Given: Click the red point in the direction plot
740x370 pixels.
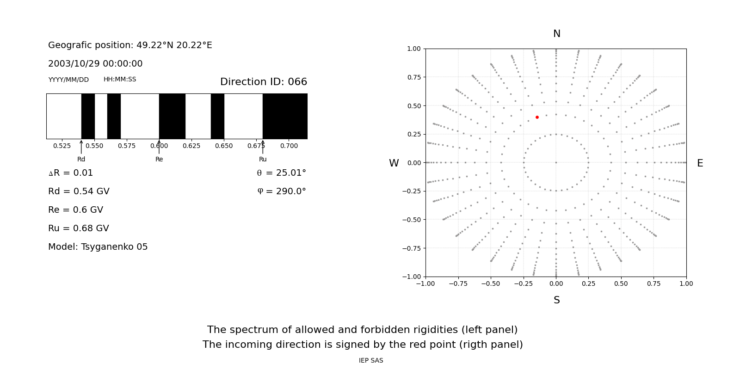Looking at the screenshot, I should point(537,117).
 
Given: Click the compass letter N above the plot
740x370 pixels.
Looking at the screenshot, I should point(557,34).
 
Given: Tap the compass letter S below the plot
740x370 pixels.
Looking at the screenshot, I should point(557,300).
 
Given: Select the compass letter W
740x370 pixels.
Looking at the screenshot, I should point(394,163).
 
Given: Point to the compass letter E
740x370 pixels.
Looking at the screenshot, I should point(700,163).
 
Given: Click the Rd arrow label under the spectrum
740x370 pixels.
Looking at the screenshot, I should point(81,160).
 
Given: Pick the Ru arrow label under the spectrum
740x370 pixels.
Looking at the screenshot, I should point(263,160).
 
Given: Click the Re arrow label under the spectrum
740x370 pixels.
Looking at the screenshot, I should point(159,160).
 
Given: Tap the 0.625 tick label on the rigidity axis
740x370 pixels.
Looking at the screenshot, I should point(191,146).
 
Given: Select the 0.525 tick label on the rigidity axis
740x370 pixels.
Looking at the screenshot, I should point(62,146).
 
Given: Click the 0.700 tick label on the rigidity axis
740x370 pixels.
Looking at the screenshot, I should point(289,146).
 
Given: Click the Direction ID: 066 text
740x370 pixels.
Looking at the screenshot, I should point(264,82).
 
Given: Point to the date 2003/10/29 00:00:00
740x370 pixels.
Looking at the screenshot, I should point(95,64).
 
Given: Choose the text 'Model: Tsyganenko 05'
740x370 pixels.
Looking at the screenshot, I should point(98,247).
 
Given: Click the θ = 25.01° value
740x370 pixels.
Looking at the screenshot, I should point(281,173).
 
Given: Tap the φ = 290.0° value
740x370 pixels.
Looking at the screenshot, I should point(281,191).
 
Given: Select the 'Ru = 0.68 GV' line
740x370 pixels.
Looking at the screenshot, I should point(79,228).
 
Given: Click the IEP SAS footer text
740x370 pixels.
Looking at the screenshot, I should point(371,361).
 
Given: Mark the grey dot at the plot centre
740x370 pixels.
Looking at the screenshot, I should point(556,162).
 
